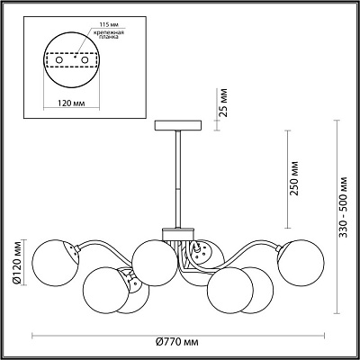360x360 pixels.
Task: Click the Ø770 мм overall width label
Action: (178, 343)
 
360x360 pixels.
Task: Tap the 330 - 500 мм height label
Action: (343, 208)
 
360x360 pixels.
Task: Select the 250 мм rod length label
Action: (295, 178)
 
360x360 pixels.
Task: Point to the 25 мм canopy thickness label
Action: (223, 103)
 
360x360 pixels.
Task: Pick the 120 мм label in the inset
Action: (71, 103)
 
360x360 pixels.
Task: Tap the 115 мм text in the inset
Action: (106, 25)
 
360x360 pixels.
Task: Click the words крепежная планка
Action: (112, 34)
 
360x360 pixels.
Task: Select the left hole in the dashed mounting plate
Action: (59, 60)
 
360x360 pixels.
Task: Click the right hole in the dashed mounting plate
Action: (85, 60)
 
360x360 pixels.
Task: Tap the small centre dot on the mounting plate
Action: (75, 55)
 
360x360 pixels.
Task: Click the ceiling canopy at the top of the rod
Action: (178, 125)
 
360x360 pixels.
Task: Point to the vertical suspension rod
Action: (178, 180)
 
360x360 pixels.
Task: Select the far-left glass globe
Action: (56, 263)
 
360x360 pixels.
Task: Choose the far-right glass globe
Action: (301, 263)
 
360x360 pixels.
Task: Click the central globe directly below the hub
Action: (155, 263)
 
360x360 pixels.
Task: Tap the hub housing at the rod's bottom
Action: (178, 234)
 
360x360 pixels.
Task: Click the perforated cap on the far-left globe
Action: (72, 252)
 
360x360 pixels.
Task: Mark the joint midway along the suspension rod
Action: (178, 188)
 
